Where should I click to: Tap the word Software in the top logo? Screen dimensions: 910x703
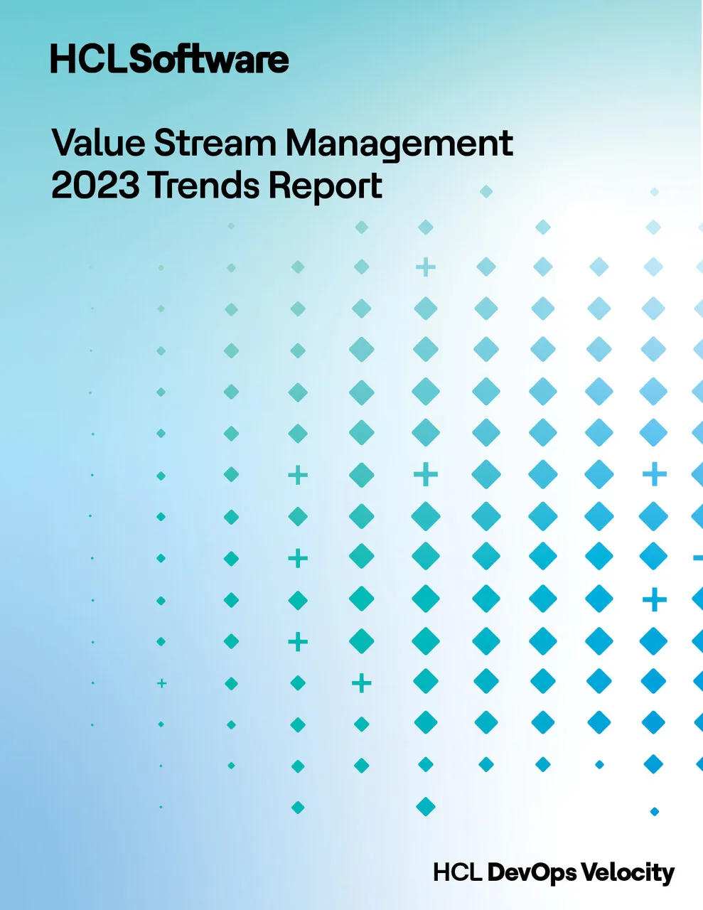[x=210, y=60]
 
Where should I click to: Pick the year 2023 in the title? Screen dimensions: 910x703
[x=95, y=186]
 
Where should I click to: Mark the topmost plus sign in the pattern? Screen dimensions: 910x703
[x=425, y=267]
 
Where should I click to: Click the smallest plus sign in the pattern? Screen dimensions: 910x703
[x=161, y=683]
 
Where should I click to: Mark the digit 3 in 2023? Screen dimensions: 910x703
[x=129, y=186]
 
